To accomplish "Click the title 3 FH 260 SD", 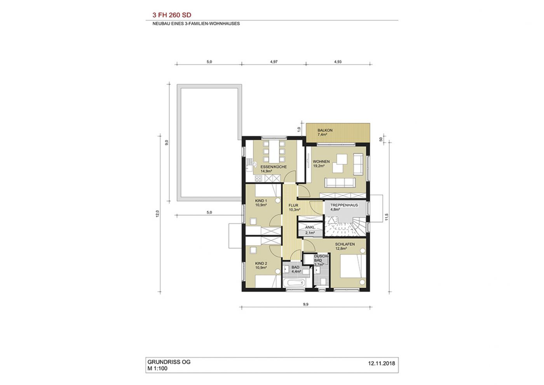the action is [172, 15].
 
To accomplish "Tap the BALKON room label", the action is [325, 130].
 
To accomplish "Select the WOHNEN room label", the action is [321, 162].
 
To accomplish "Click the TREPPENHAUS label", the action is [344, 205].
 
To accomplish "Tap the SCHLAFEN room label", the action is [345, 244].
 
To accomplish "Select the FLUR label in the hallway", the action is [293, 205].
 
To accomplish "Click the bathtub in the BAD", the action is [294, 283].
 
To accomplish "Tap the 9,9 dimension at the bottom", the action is [305, 304].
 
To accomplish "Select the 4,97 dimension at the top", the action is [274, 62].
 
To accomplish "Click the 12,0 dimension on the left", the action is [157, 213].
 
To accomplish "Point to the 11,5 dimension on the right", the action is [387, 217].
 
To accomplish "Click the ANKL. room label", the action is [310, 227].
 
